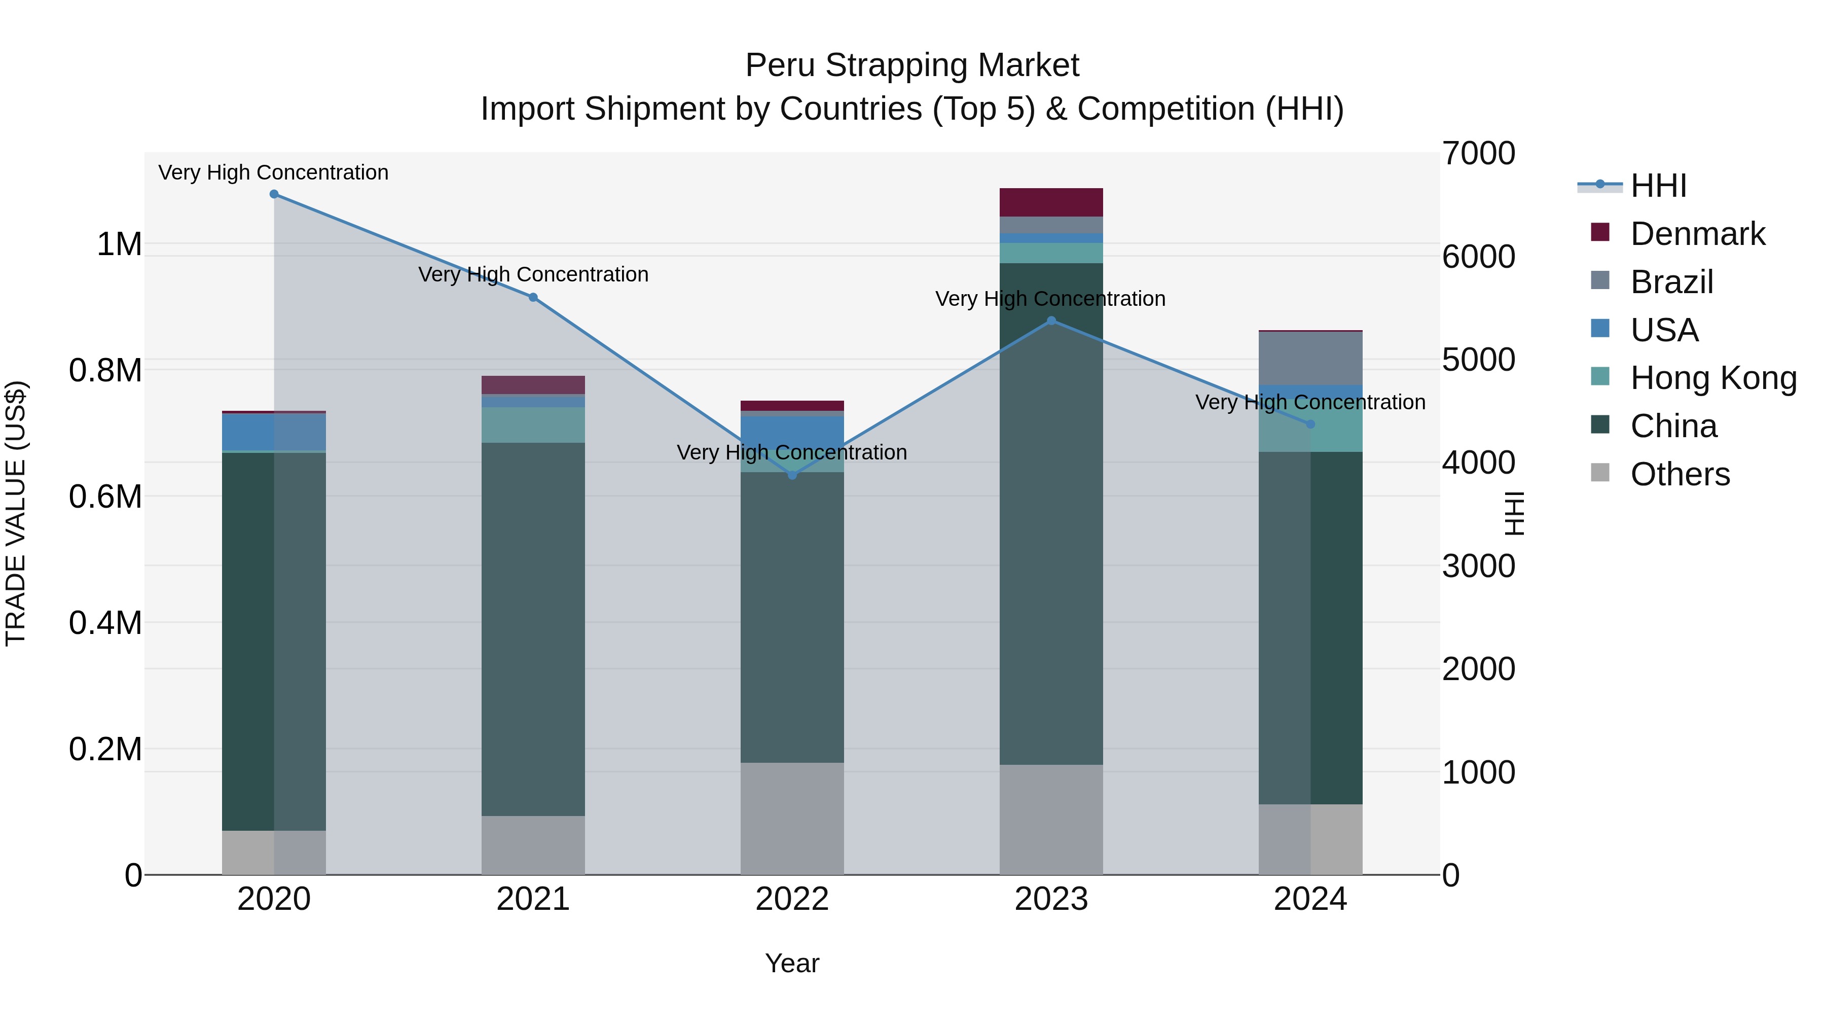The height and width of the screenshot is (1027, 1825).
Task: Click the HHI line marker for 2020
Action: [274, 194]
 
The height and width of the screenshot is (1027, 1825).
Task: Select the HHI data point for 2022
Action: [792, 475]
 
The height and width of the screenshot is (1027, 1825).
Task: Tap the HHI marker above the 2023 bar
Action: [1051, 321]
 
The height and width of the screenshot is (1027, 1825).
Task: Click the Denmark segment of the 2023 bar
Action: [1051, 203]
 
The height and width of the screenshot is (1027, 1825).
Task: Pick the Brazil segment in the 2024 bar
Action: [1310, 359]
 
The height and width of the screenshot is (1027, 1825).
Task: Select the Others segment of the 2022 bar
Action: [792, 819]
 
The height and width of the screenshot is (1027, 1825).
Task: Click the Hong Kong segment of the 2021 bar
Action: [533, 426]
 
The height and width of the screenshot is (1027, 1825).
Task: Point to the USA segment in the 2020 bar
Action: [274, 432]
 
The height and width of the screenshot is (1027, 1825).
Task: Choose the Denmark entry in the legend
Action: [1697, 234]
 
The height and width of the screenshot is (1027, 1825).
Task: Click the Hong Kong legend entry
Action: [1713, 378]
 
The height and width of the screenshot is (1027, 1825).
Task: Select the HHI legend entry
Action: [1658, 186]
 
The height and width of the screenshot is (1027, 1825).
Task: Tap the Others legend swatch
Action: [1600, 473]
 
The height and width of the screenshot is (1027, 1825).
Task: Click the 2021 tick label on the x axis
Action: [533, 899]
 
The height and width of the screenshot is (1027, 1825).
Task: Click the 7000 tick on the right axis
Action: [1479, 154]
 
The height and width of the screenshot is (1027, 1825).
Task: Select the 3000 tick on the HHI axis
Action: [1479, 566]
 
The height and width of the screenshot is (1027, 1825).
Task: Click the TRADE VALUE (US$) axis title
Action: [16, 513]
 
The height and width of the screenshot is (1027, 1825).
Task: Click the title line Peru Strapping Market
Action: [912, 66]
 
